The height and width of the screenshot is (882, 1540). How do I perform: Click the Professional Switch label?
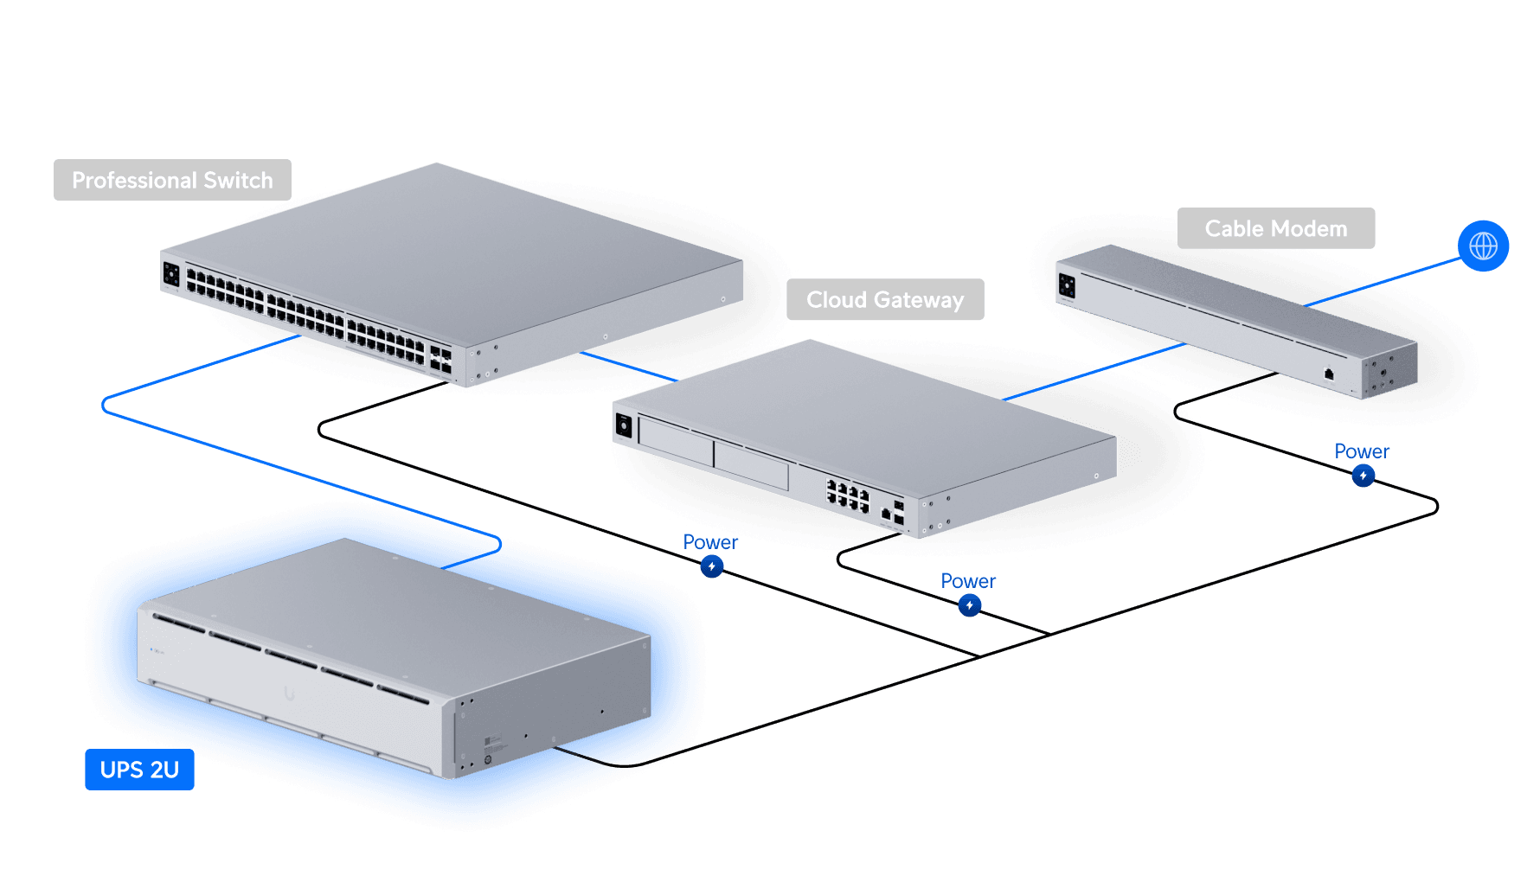tap(172, 180)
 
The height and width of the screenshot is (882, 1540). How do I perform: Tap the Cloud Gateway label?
tap(884, 300)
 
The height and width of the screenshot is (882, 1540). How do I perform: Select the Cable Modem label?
tap(1275, 229)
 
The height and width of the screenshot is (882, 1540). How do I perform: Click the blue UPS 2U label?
tap(139, 770)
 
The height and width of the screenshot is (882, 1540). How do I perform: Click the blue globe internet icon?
tap(1483, 246)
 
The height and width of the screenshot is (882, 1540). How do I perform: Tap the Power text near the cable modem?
tap(1361, 451)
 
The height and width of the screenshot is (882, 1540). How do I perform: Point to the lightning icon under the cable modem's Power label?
tap(1363, 476)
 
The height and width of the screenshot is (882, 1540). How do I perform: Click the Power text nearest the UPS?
tap(709, 542)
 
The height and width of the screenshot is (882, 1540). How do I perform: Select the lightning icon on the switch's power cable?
tap(711, 566)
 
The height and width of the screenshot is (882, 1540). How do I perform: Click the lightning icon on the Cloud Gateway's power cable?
tap(969, 605)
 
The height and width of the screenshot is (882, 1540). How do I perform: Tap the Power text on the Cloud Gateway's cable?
tap(967, 581)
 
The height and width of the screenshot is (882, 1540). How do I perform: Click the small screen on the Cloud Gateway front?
tap(624, 425)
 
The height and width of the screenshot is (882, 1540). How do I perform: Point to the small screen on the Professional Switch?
tap(171, 274)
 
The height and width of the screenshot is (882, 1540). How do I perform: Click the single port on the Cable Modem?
tap(1329, 374)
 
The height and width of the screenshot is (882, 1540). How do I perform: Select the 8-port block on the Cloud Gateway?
tap(848, 495)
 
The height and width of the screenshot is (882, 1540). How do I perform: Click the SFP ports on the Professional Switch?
tap(440, 360)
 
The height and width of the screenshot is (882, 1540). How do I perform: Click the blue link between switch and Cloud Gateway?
tap(627, 366)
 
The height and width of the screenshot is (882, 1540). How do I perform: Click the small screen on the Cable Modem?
tap(1067, 285)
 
